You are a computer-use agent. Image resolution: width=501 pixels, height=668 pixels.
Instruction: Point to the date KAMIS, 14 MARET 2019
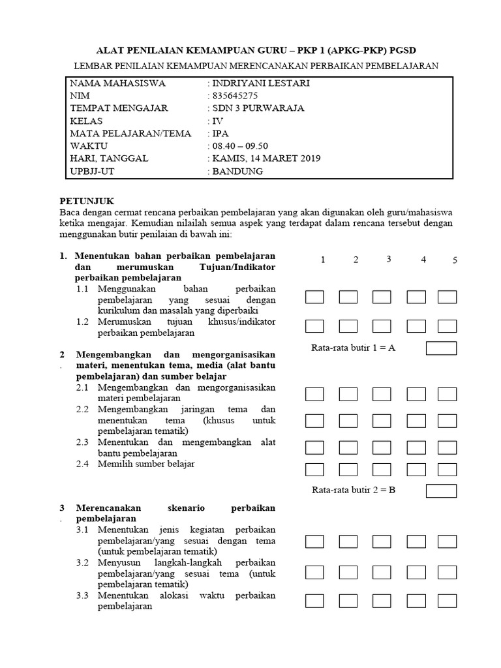pos(266,159)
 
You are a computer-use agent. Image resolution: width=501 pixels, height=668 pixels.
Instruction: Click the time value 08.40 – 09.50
pos(240,146)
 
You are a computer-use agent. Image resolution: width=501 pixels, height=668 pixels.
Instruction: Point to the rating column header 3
pos(388,259)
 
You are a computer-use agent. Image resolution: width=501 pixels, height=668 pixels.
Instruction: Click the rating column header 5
pos(455,260)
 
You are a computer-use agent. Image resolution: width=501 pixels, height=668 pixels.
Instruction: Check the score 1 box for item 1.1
pos(314,297)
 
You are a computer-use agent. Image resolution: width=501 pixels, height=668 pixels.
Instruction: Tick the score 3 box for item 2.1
pos(382,393)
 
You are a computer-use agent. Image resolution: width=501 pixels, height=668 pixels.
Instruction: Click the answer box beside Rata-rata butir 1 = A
pos(441,348)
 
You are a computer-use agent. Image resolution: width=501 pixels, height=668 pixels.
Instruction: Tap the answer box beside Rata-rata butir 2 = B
pos(441,491)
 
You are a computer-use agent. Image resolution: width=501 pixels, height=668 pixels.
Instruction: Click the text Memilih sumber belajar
pos(146,464)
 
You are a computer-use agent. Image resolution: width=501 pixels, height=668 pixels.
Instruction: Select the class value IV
pos(217,121)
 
